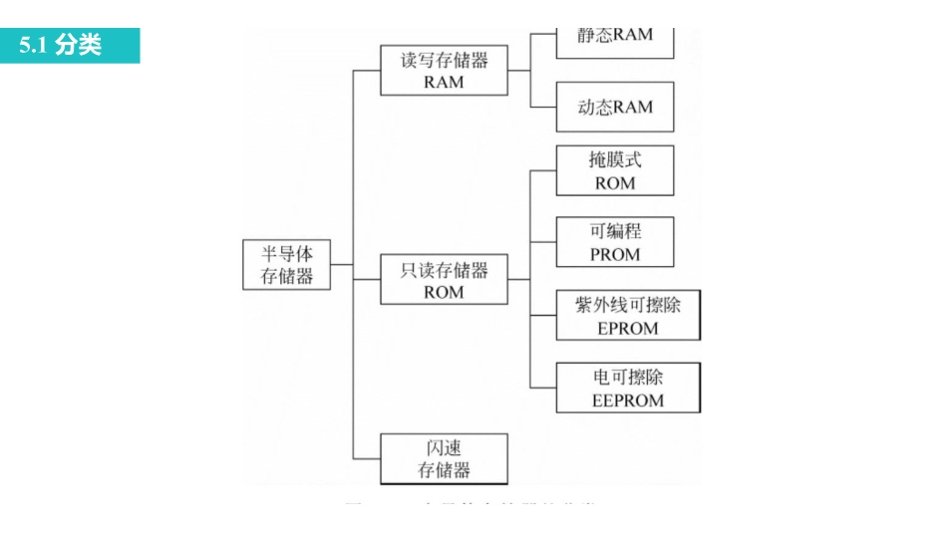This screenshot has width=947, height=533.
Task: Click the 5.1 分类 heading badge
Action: point(70,46)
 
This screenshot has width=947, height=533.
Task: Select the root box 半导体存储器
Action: point(287,265)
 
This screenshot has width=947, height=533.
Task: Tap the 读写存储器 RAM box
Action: point(444,71)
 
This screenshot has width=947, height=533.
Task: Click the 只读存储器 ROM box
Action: point(444,281)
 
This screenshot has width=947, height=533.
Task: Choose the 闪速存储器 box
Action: point(444,458)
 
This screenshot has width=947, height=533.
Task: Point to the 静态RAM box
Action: point(615,38)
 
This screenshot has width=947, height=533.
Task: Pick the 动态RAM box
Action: point(615,107)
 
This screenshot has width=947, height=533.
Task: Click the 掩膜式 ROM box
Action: point(615,170)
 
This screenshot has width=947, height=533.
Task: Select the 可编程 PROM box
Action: point(615,242)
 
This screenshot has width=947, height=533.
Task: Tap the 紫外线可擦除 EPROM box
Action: point(628,316)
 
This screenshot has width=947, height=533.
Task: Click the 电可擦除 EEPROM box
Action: point(628,389)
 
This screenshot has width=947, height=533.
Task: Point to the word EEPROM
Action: point(628,400)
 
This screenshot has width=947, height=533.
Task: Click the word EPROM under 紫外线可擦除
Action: point(628,328)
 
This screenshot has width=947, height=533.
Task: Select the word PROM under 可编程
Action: point(615,254)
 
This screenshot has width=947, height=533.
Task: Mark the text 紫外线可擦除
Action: point(628,304)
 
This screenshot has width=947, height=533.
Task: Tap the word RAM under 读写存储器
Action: point(444,83)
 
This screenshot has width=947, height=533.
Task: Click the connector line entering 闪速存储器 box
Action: point(367,458)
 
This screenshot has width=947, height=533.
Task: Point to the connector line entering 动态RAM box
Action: point(543,107)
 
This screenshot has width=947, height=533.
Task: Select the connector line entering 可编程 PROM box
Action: point(543,242)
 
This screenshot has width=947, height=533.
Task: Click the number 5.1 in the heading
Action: point(35,46)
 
